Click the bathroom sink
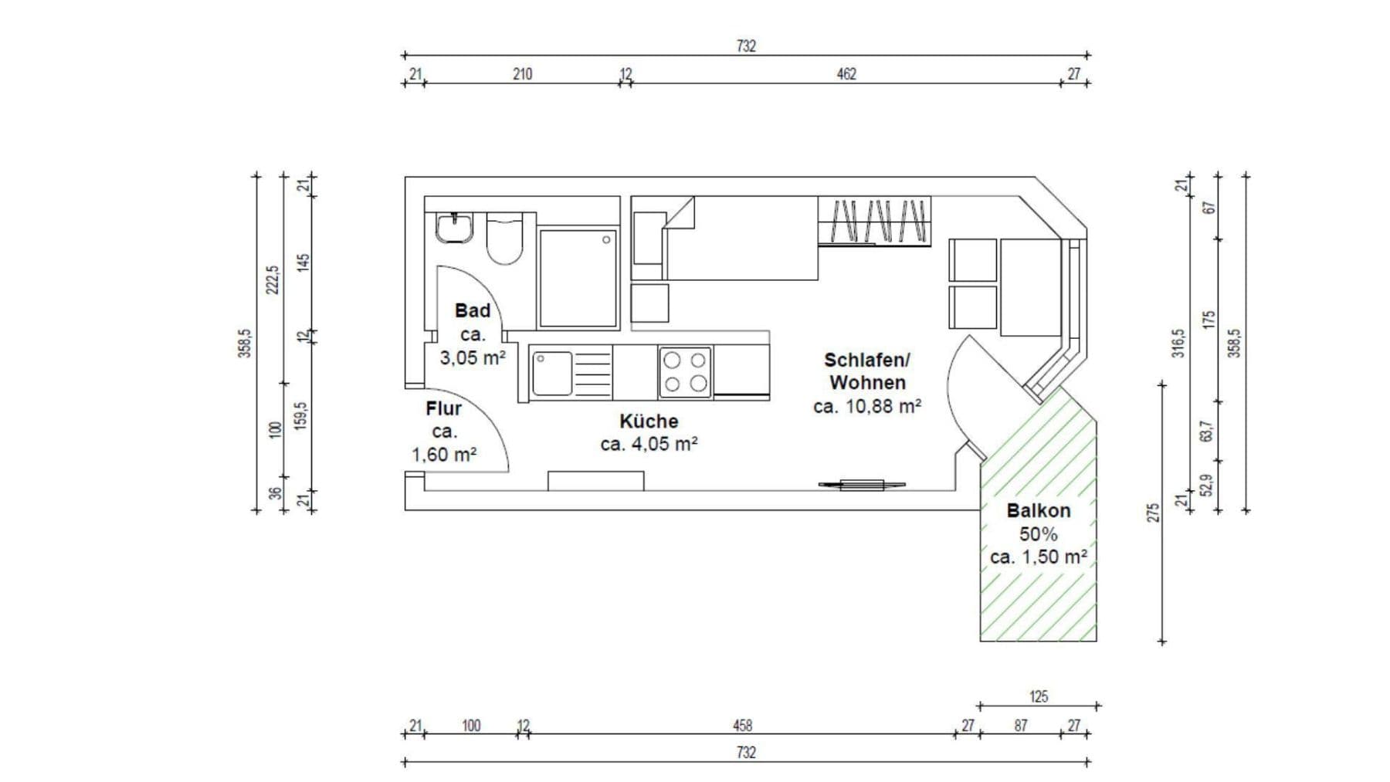click(454, 229)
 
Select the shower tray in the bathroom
click(578, 278)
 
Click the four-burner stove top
click(685, 372)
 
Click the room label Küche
click(649, 421)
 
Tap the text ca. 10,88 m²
click(866, 406)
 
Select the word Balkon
click(1038, 511)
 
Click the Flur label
click(443, 409)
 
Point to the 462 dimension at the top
click(846, 74)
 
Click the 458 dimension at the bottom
click(742, 726)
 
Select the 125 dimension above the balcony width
click(1039, 697)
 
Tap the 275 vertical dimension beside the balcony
click(1153, 513)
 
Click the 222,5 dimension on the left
click(273, 279)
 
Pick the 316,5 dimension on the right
click(1178, 343)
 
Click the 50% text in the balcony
click(1038, 534)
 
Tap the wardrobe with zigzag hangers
click(874, 221)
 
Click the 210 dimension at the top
click(522, 74)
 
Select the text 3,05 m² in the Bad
click(473, 358)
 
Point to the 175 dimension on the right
click(1209, 320)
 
